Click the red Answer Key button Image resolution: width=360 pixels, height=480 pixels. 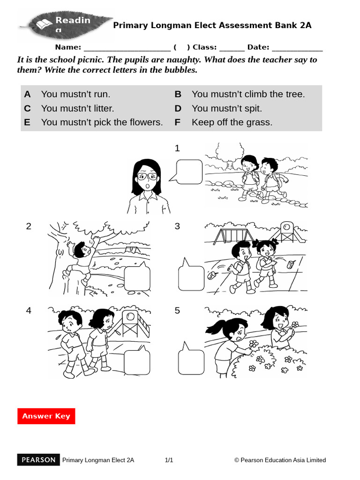pos(46,416)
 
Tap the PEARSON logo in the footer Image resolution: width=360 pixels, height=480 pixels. pos(39,460)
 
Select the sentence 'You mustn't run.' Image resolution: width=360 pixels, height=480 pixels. pos(75,94)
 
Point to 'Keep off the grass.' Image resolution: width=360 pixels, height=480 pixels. pos(232,122)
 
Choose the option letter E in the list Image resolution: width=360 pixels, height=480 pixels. pos(27,122)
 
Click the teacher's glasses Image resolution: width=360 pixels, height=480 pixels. pos(147,176)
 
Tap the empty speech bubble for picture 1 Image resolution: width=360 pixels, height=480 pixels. pos(189,171)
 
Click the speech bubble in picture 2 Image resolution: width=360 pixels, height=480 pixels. pos(137,278)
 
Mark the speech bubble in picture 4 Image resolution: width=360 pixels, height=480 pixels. pos(137,362)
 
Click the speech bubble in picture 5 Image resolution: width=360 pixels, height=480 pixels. pos(191,362)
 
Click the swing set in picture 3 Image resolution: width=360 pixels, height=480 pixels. pos(225,234)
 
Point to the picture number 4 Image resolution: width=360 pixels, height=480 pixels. pos(29,310)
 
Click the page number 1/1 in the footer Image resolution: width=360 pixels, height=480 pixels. pos(169,460)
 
